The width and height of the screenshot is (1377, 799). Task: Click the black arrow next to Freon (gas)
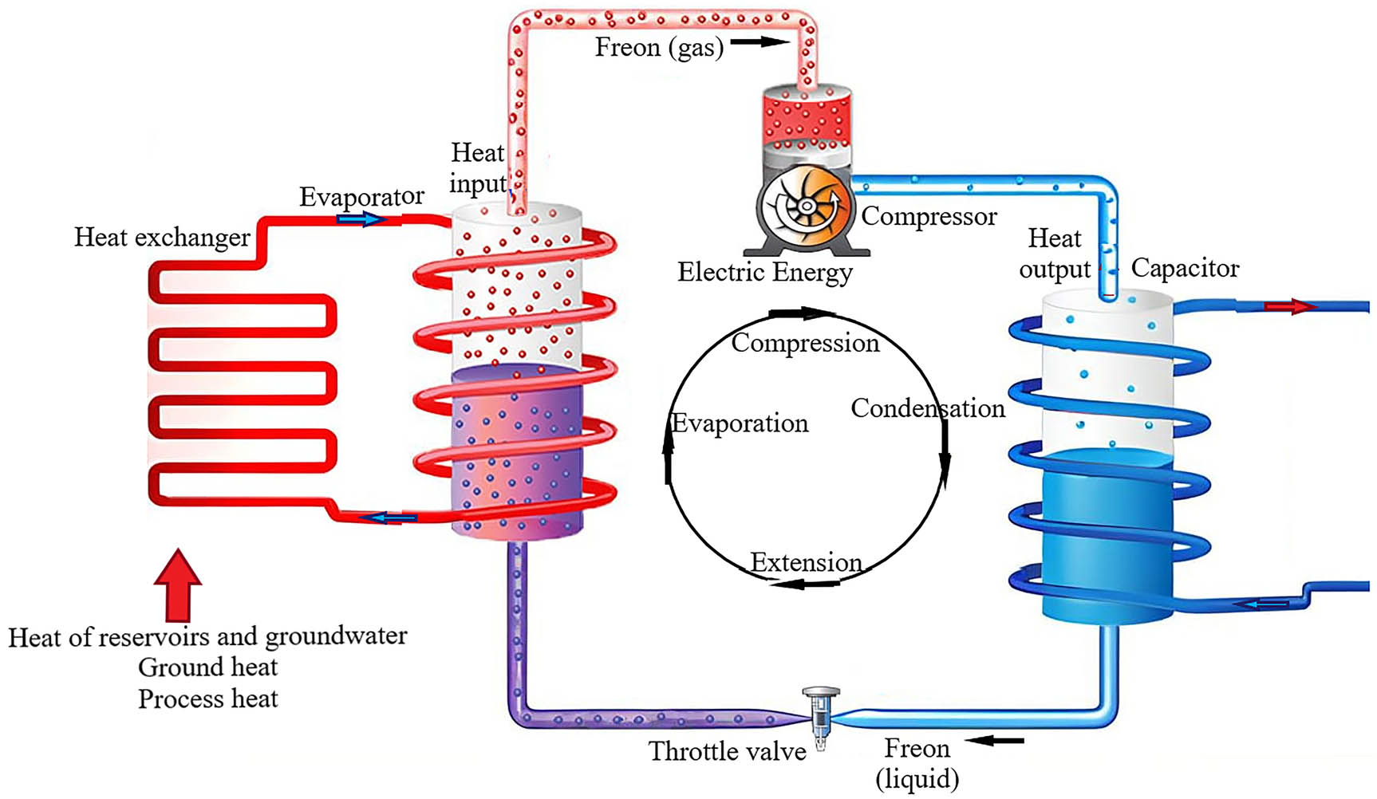[x=760, y=41]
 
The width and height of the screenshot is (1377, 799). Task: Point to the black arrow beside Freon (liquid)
[x=996, y=741]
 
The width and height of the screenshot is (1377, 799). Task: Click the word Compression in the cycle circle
[x=805, y=343]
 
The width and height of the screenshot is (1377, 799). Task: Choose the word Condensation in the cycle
[x=927, y=408]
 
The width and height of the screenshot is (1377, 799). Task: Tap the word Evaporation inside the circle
[x=740, y=423]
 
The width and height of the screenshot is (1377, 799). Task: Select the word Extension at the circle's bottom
[x=806, y=562]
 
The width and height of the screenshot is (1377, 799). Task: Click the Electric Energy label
[x=764, y=273]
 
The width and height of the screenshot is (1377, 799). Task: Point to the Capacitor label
[x=1185, y=268]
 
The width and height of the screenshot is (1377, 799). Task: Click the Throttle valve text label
[x=727, y=751]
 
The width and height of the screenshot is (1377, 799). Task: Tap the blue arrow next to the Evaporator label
[x=361, y=218]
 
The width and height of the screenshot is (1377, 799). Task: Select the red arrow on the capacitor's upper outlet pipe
[x=1289, y=307]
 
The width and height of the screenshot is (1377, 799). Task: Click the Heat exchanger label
[x=162, y=237]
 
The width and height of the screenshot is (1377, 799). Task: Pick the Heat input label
[x=478, y=167]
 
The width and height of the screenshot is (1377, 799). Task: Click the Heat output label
[x=1054, y=254]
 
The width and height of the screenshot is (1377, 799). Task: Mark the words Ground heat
[x=207, y=667]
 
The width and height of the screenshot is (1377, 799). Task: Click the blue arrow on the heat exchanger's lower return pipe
[x=388, y=518]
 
